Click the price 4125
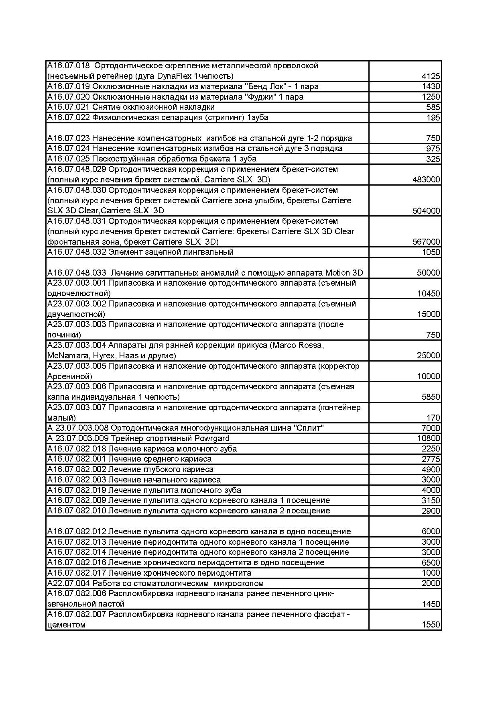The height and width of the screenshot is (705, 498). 431,76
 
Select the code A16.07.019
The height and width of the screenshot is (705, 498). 69,86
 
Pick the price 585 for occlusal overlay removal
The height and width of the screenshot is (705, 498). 433,107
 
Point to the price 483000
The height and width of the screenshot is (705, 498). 426,180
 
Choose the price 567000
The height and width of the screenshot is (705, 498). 426,242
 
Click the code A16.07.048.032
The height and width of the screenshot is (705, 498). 77,252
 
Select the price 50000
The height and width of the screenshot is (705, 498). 428,273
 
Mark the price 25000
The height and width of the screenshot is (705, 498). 428,356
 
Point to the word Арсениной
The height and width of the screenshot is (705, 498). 69,376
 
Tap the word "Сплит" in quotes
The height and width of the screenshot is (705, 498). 309,428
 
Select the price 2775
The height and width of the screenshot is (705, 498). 431,459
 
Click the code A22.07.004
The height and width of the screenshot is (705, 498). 69,583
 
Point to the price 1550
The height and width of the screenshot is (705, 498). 431,625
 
